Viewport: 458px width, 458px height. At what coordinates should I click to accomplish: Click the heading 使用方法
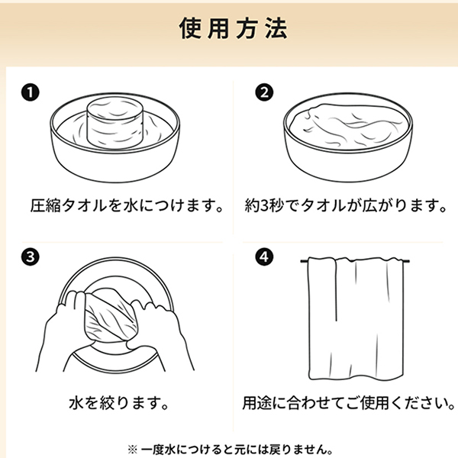coord(233,28)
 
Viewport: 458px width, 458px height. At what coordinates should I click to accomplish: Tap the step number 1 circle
coord(30,92)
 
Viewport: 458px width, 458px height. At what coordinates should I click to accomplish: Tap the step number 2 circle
coord(264,92)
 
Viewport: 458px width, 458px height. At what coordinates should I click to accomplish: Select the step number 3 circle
coord(30,257)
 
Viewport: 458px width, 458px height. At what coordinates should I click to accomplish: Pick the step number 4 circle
coord(264,257)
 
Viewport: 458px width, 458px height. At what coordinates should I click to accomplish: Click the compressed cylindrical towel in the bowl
coord(114,122)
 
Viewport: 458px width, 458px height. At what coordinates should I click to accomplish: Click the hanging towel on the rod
coord(356,318)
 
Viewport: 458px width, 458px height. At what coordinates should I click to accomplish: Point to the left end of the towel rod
coord(302,261)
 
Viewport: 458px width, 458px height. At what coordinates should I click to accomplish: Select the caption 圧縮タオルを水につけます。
coord(127,205)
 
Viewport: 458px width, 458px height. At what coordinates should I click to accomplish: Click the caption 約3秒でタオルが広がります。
coord(346,205)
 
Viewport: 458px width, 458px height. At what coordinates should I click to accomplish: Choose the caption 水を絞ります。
coord(119,403)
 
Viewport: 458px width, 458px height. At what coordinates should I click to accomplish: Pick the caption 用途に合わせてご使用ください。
coord(349,403)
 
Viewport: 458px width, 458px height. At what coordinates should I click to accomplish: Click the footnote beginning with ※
coord(231,450)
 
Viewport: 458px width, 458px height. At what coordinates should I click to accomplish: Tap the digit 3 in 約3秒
coord(264,205)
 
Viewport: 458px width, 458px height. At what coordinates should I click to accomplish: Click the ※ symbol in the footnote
coord(132,450)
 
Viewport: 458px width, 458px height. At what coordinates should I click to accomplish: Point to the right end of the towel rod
coord(409,261)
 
